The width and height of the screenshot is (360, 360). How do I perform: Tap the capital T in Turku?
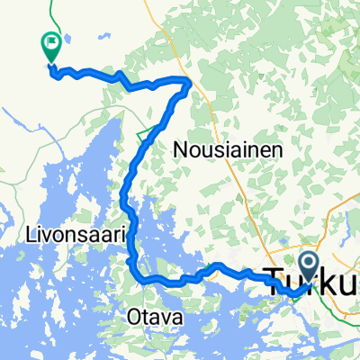(x=274, y=280)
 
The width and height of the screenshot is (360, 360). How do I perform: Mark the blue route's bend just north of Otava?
(x=137, y=273)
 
